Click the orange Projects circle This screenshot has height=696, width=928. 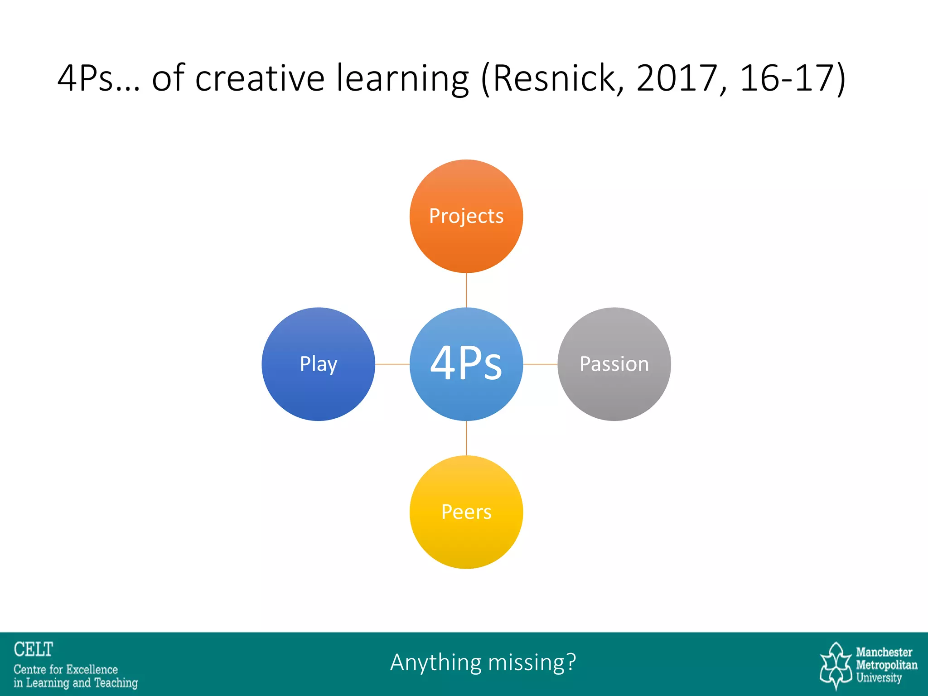coord(466,216)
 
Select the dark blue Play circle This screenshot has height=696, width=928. coord(318,364)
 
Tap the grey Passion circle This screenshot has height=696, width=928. coord(614,364)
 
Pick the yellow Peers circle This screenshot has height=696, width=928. coord(466,512)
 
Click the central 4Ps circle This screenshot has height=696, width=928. coord(466,364)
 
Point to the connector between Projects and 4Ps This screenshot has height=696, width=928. coord(466,290)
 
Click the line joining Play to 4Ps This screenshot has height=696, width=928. coord(392,364)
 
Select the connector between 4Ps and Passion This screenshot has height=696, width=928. coord(540,364)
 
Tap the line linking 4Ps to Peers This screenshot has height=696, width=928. coord(466,438)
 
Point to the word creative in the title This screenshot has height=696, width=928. coord(260,78)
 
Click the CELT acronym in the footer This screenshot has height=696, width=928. coord(34,649)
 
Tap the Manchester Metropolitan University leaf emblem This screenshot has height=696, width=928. coord(836,665)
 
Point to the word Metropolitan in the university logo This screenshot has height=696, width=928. coord(886,665)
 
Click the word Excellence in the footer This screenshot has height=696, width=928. coord(92,669)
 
